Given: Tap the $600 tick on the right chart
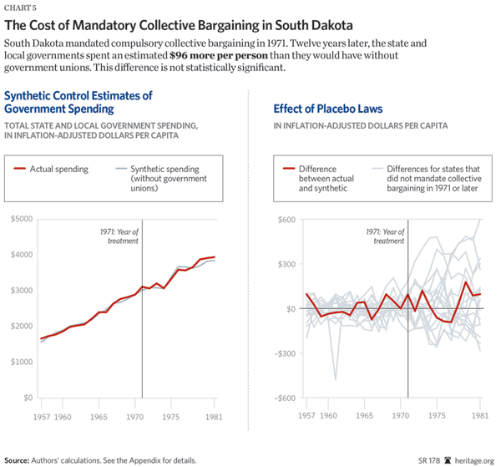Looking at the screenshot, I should pyautogui.click(x=286, y=219).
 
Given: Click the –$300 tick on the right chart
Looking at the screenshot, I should pyautogui.click(x=285, y=353).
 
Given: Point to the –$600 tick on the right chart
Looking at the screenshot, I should pyautogui.click(x=285, y=398).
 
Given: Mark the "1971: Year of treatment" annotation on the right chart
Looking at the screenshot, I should pyautogui.click(x=387, y=235).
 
